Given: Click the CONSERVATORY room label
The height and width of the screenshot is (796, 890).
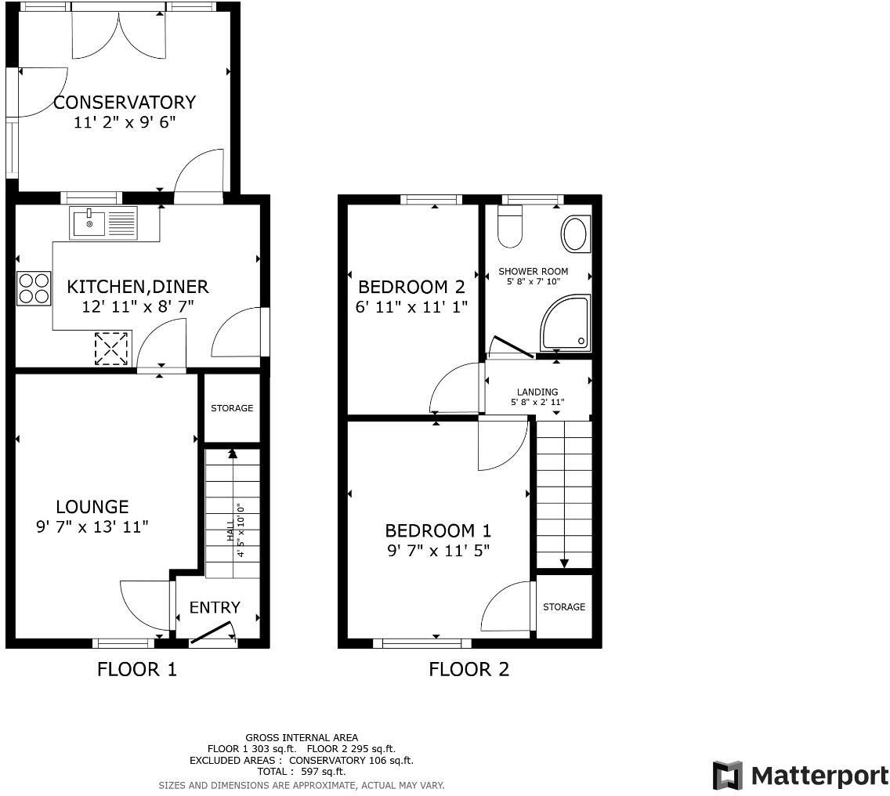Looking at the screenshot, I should [x=124, y=103].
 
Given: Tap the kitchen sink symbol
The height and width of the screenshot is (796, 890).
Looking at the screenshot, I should [x=103, y=223].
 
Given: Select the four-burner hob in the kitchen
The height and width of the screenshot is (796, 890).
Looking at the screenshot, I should [x=34, y=288].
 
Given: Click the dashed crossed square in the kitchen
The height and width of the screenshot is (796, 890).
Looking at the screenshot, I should [x=111, y=349].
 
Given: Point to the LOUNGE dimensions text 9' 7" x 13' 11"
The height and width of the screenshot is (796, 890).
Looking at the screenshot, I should [x=92, y=527].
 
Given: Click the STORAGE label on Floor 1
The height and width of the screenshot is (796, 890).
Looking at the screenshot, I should [x=232, y=408].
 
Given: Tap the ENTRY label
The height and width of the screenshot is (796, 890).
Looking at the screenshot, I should [x=215, y=607].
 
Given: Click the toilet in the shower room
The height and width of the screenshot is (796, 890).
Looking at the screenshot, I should [x=510, y=226].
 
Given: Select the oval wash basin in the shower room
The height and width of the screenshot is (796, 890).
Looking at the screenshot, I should [x=575, y=234].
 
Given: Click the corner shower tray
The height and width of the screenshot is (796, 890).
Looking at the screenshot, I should [x=566, y=324].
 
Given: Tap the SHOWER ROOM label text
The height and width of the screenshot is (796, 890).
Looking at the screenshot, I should [x=534, y=272].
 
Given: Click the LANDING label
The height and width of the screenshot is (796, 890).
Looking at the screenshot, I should [x=537, y=393].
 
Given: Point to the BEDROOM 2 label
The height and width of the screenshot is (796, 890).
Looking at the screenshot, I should [x=411, y=287].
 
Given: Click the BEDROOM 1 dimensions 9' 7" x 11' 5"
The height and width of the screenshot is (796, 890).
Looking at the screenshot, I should [x=439, y=550].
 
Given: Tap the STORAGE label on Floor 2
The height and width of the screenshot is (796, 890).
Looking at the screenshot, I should [x=564, y=607].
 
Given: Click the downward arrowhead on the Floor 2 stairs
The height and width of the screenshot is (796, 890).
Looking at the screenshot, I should [x=563, y=563].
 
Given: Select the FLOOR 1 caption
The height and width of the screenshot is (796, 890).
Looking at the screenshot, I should [x=137, y=669].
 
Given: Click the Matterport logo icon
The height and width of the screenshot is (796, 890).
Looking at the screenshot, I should [x=727, y=775].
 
